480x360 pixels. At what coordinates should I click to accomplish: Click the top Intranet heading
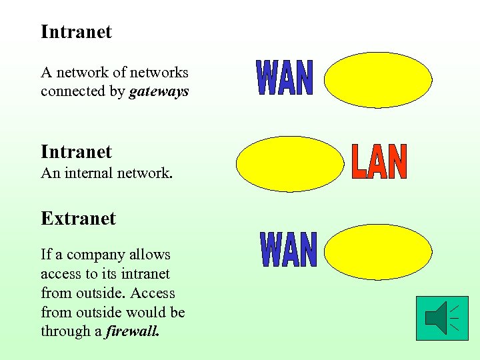pyautogui.click(x=76, y=32)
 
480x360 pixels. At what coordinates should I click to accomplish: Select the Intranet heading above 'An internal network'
pyautogui.click(x=76, y=152)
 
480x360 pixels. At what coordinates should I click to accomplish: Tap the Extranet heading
pyautogui.click(x=78, y=219)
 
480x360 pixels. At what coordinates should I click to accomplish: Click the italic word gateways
pyautogui.click(x=159, y=91)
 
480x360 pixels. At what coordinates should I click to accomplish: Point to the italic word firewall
pyautogui.click(x=133, y=331)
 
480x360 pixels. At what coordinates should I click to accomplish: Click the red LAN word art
pyautogui.click(x=379, y=163)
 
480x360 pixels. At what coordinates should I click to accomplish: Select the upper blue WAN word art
pyautogui.click(x=285, y=78)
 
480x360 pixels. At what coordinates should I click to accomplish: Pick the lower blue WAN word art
pyautogui.click(x=288, y=249)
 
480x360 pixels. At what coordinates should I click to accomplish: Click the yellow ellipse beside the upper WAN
pyautogui.click(x=378, y=80)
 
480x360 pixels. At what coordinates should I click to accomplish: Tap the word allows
pyautogui.click(x=151, y=255)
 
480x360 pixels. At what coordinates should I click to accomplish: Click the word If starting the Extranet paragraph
pyautogui.click(x=46, y=255)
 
